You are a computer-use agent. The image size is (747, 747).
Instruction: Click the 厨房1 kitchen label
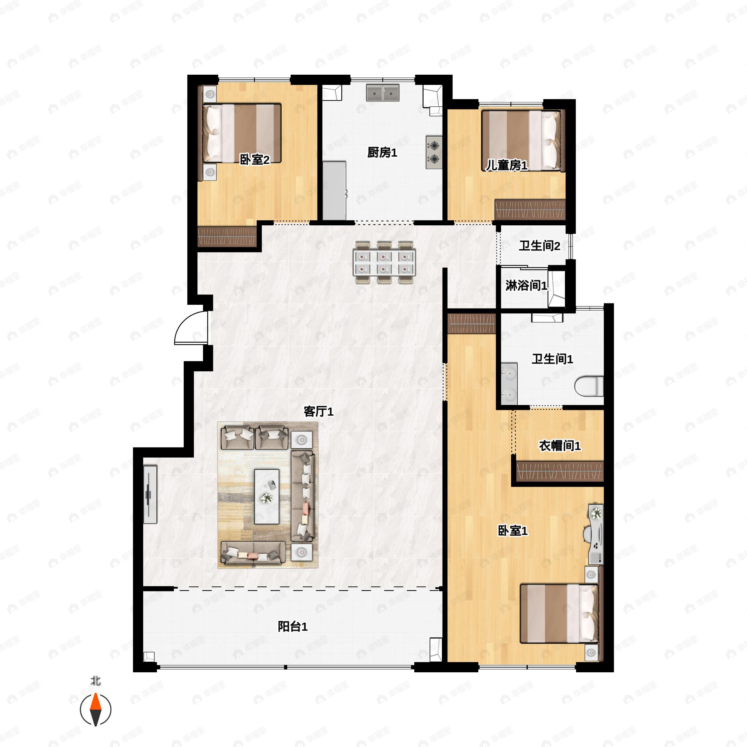tap(382, 153)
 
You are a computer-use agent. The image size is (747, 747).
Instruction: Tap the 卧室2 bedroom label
tap(254, 159)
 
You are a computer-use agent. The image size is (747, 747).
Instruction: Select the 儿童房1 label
tap(506, 166)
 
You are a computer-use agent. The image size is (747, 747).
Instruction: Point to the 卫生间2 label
tap(539, 246)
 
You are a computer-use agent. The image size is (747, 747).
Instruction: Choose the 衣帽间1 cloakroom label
tap(560, 446)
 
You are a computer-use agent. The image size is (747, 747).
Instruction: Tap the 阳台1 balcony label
tap(293, 626)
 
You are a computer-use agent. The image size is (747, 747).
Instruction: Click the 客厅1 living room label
tap(318, 411)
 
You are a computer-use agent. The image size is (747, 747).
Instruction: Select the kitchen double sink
tap(383, 93)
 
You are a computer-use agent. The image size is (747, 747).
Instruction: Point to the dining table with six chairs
tap(384, 262)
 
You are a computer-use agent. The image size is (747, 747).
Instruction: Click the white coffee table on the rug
tap(266, 496)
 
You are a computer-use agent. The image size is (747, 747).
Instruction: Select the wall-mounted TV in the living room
tap(150, 495)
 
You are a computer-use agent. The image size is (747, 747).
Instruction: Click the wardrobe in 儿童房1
tap(530, 209)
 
